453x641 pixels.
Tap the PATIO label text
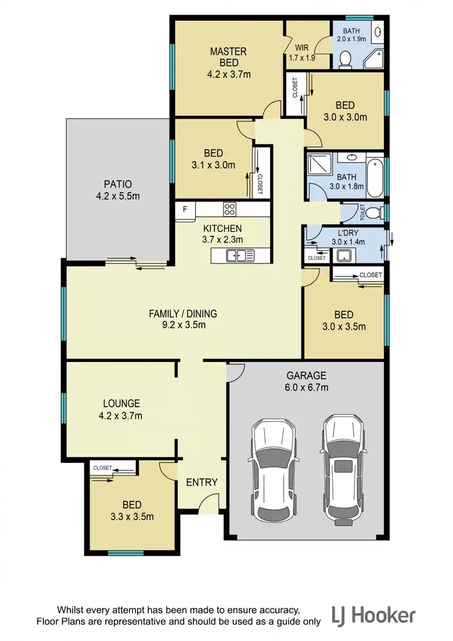pos(118,184)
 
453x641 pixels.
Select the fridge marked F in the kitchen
pos(185,210)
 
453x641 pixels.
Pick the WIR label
pos(301,47)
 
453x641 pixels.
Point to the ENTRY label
pos(201,482)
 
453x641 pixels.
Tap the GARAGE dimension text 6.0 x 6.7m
pos(307,387)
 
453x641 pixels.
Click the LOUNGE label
pos(121,403)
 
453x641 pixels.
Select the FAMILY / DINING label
pos(182,314)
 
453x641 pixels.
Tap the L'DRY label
pos(349,233)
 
